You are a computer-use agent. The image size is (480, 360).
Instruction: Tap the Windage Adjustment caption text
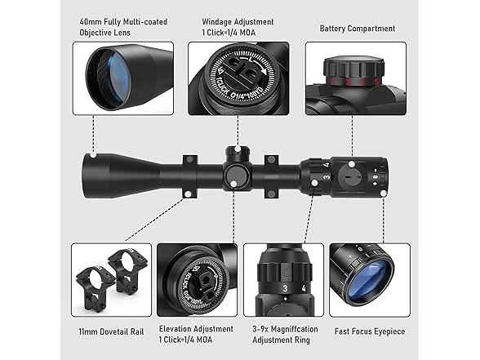tap(238, 27)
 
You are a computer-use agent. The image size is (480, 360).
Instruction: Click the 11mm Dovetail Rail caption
tap(111, 332)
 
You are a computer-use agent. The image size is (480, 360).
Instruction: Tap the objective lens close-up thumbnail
tap(122, 78)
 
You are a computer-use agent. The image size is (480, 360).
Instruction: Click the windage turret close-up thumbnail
tap(238, 78)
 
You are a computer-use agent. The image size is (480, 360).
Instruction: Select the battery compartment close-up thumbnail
tap(355, 78)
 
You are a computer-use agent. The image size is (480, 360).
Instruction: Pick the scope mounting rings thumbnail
tap(111, 279)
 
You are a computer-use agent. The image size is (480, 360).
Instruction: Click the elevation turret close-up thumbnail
tap(197, 279)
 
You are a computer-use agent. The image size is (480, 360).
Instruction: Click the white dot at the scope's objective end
tap(94, 154)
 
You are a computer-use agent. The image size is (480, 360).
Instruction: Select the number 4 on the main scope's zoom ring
tap(326, 165)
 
